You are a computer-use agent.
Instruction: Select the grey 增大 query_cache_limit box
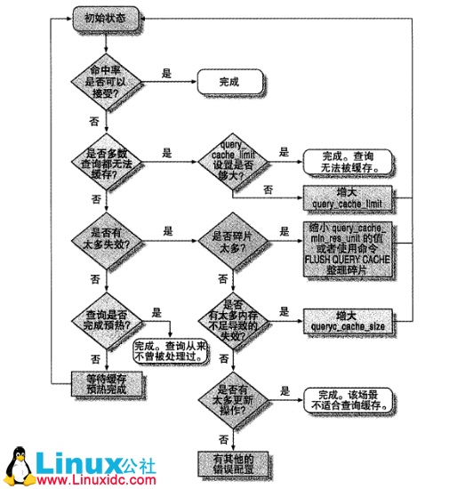pyautogui.click(x=348, y=197)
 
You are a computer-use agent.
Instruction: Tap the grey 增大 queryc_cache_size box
pyautogui.click(x=348, y=320)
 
